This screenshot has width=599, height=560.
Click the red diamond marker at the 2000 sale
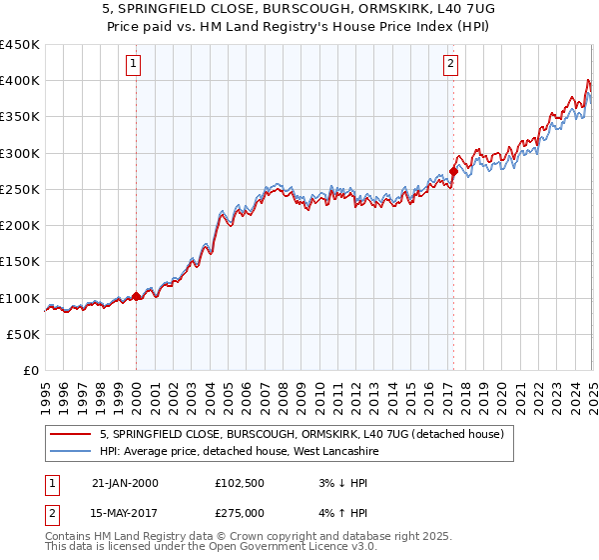(136, 296)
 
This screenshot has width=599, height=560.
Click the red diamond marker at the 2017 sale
(453, 171)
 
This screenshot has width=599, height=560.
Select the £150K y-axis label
(21, 262)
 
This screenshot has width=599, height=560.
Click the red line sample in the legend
(70, 434)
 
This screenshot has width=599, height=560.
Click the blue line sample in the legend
(70, 451)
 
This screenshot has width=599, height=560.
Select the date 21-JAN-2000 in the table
(125, 483)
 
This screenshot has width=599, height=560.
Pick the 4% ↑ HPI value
(336, 512)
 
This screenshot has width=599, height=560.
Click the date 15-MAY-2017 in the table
(125, 512)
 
